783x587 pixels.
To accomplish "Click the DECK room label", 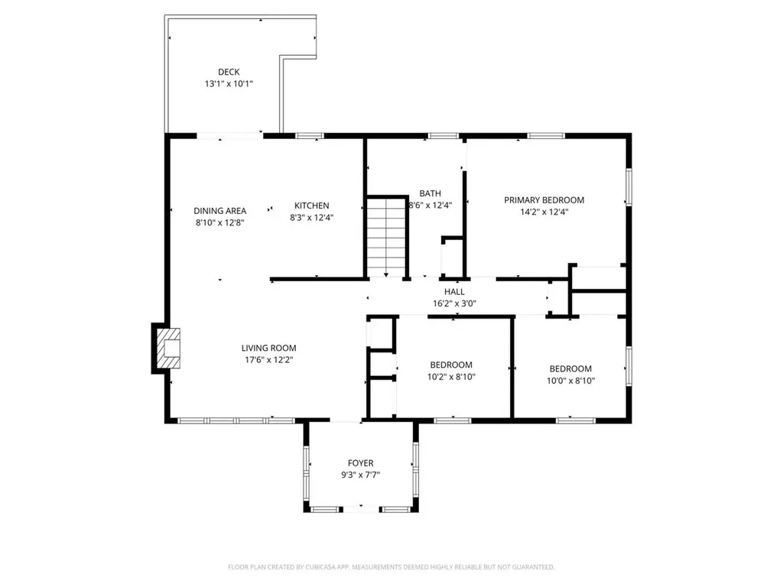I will coord(228,72).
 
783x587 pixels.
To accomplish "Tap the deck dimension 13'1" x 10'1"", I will coord(228,84).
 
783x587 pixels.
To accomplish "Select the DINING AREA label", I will coord(219,211).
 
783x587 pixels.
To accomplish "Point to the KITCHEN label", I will coord(312,205).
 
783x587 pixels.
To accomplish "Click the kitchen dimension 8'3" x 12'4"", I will coord(312,217).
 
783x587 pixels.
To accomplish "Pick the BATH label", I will coord(430,193).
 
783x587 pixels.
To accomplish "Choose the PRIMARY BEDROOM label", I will coord(544,199).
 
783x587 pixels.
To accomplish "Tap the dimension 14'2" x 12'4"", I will coord(544,212).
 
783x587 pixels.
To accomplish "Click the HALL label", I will coord(454,291).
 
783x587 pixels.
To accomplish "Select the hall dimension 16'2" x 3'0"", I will coord(454,303).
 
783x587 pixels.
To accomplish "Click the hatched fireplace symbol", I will coord(167,349).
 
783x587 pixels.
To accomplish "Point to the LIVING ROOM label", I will coord(269,348).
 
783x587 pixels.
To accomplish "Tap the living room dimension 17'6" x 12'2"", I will coord(269,360).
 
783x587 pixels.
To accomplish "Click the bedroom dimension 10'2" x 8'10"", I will coord(451,377).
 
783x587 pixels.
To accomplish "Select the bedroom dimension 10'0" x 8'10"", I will coord(570,380).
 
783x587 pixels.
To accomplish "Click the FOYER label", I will coord(360,462).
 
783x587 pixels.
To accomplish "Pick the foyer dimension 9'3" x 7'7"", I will coord(360,475).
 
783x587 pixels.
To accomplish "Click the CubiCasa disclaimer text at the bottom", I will coord(391,567).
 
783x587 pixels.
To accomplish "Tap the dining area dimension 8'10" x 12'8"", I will coord(219,223).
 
